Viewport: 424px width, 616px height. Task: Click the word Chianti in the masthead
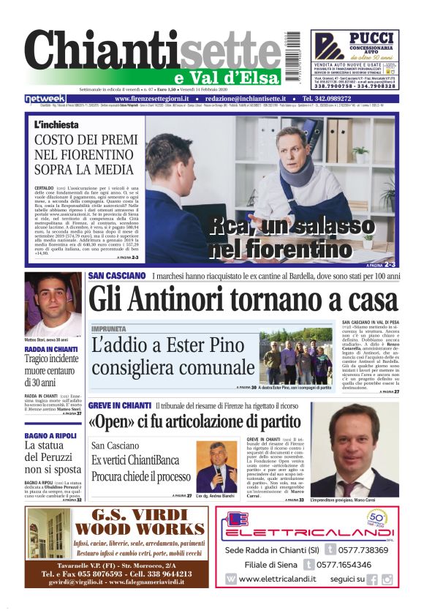point(95,55)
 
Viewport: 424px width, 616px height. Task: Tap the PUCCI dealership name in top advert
point(371,37)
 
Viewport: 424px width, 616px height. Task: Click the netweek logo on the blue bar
point(45,99)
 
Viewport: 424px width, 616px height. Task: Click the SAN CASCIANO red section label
point(117,276)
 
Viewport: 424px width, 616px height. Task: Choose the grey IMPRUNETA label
point(109,329)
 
